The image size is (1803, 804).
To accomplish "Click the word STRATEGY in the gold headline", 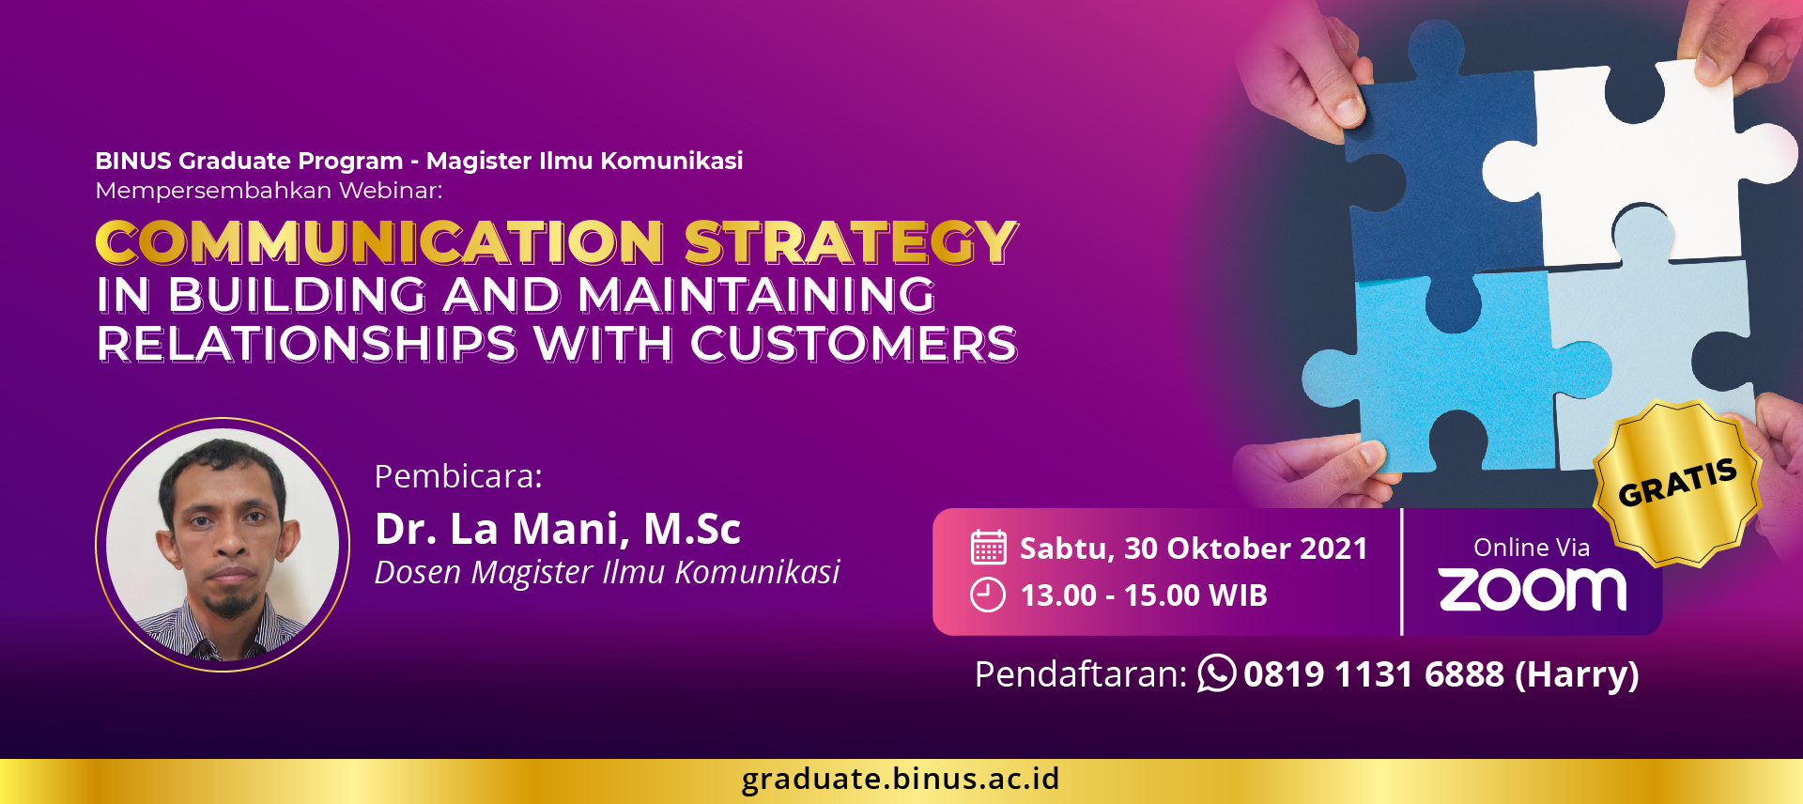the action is pyautogui.click(x=851, y=242).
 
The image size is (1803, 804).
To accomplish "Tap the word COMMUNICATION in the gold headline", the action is pyautogui.click(x=379, y=242).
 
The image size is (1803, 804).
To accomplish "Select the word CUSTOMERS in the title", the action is pyautogui.click(x=854, y=344).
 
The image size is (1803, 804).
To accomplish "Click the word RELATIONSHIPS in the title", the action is pyautogui.click(x=307, y=344).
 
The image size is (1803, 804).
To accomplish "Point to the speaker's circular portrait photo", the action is pyautogui.click(x=223, y=545).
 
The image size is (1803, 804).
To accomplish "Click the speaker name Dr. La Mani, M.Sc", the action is pyautogui.click(x=558, y=529).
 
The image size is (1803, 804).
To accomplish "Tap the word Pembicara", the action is pyautogui.click(x=458, y=477).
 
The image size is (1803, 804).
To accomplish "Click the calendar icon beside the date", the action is pyautogui.click(x=988, y=547).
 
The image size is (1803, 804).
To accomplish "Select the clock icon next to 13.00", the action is pyautogui.click(x=988, y=595).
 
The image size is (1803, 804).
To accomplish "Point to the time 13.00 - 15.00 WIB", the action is pyautogui.click(x=1144, y=595).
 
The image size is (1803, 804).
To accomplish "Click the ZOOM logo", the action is pyautogui.click(x=1533, y=590).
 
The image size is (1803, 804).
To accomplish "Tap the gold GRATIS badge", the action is pyautogui.click(x=1677, y=484).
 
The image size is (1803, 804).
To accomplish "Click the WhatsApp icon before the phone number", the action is pyautogui.click(x=1217, y=673).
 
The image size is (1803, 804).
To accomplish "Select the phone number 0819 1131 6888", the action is pyautogui.click(x=1374, y=674).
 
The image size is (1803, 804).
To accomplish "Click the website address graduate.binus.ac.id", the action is pyautogui.click(x=901, y=779).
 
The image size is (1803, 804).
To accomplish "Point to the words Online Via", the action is pyautogui.click(x=1532, y=548).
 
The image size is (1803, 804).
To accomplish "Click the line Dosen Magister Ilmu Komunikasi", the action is pyautogui.click(x=607, y=572).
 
